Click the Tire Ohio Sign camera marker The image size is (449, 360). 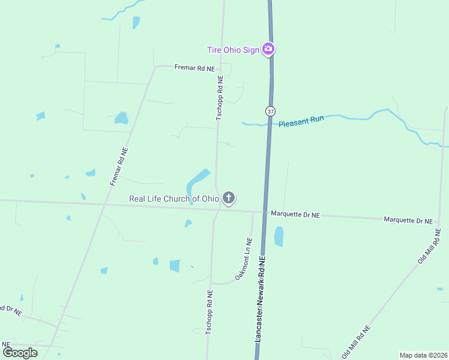[269, 49]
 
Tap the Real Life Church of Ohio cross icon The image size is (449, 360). [228, 197]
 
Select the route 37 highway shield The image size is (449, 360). [270, 111]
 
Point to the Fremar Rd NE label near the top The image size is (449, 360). [194, 68]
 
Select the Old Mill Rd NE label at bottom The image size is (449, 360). [356, 342]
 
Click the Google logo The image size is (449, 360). [20, 352]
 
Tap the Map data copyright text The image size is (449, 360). [423, 355]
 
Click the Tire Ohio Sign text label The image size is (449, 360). [233, 50]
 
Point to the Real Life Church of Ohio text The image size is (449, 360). [174, 199]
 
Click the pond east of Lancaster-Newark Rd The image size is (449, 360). [279, 236]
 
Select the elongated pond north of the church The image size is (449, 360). [197, 180]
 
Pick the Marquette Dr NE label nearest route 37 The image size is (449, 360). [295, 214]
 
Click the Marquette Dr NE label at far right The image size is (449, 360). [408, 221]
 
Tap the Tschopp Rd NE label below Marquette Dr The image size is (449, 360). [209, 312]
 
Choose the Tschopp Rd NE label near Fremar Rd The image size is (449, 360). [220, 98]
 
